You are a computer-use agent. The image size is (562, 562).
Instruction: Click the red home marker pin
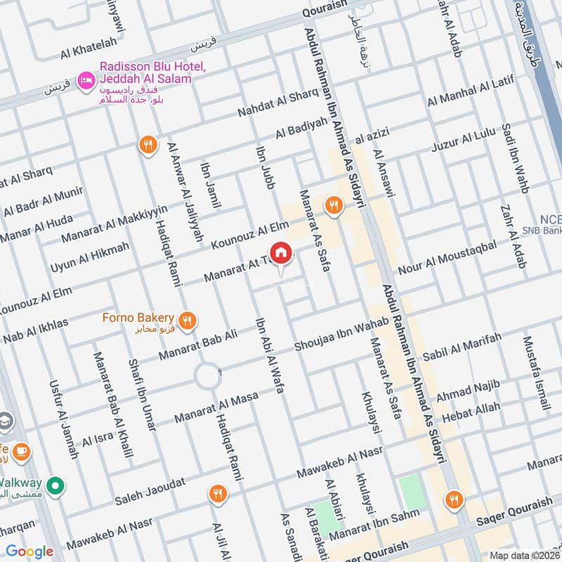click(x=281, y=253)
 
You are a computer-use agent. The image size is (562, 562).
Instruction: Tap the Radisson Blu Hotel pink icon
click(x=86, y=81)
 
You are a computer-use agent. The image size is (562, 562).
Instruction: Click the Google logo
click(x=30, y=551)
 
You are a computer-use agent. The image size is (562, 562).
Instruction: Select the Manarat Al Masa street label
click(x=217, y=406)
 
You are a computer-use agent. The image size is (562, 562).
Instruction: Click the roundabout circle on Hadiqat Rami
click(x=208, y=377)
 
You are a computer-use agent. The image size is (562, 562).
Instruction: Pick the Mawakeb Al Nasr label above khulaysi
click(x=339, y=463)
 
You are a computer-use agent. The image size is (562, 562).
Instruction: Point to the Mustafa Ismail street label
click(x=535, y=373)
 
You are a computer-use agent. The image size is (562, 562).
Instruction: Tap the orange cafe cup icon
click(x=20, y=450)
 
